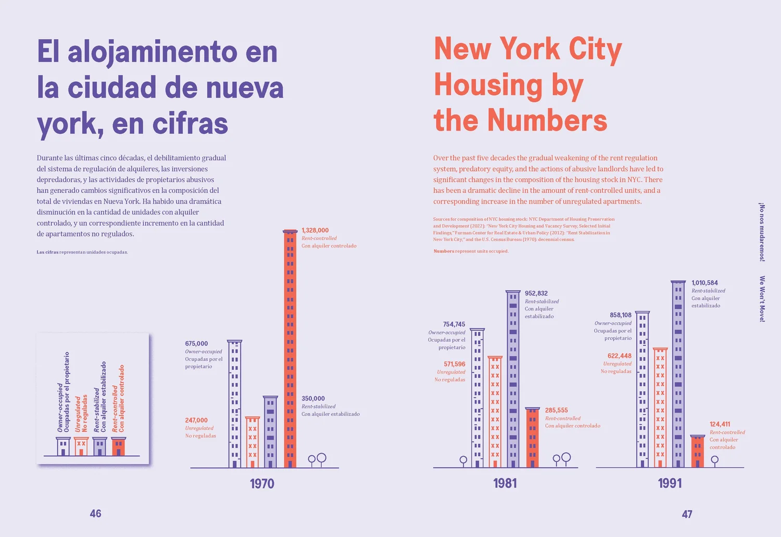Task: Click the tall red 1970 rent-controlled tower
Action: click(x=290, y=349)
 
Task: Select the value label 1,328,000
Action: click(x=315, y=230)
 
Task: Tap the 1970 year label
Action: click(x=262, y=484)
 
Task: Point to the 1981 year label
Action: click(x=505, y=483)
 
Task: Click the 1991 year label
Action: click(x=670, y=483)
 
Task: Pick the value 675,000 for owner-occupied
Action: click(x=196, y=344)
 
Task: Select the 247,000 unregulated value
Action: click(x=196, y=420)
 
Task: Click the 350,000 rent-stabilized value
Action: click(x=313, y=398)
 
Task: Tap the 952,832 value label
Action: click(x=536, y=293)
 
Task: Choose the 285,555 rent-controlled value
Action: click(x=556, y=410)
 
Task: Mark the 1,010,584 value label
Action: click(x=704, y=283)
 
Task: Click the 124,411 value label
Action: click(x=720, y=424)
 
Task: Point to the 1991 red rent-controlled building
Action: click(x=698, y=452)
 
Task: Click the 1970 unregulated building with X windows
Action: click(x=253, y=442)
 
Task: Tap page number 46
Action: click(x=96, y=514)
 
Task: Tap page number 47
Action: click(x=687, y=514)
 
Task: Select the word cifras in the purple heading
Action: click(x=190, y=124)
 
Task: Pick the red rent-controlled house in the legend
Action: click(x=119, y=447)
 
